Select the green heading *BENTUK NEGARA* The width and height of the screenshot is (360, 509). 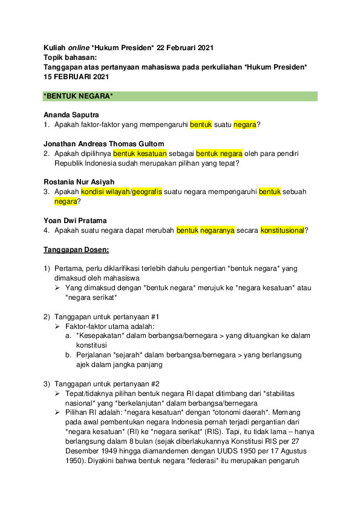[79, 96]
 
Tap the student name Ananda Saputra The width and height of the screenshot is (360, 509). [71, 114]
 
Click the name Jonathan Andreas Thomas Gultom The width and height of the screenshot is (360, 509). [103, 143]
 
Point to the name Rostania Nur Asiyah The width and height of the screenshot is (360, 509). [79, 182]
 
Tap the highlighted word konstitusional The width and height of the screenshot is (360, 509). [282, 230]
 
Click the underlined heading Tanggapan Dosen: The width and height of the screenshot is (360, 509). [76, 249]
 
